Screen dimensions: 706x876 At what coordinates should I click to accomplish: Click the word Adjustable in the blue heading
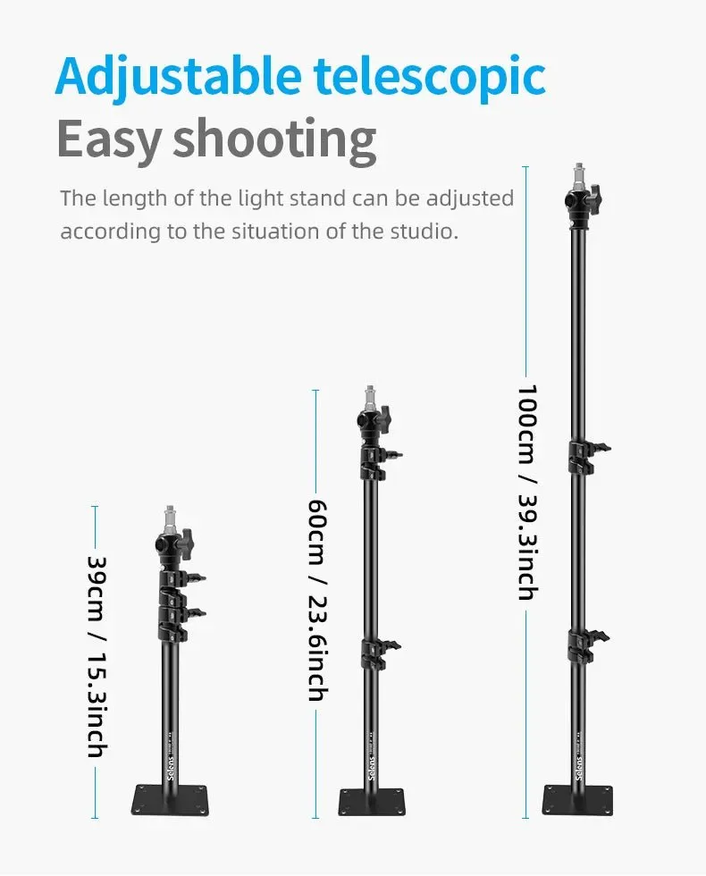point(179,77)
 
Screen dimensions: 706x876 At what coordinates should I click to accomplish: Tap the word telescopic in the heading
point(429,77)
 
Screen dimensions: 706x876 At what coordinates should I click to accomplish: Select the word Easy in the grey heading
point(109,139)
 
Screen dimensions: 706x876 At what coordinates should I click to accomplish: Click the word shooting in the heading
point(274,139)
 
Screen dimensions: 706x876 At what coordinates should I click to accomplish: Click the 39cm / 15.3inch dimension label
point(97,656)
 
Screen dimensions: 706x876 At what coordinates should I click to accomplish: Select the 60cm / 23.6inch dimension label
point(317,600)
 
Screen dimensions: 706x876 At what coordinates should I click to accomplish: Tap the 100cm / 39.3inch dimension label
point(526,492)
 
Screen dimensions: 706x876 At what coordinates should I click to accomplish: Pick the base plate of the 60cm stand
point(372,802)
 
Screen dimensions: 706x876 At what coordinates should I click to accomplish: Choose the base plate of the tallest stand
point(577,800)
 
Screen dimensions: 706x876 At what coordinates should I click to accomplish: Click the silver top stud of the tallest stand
point(580,177)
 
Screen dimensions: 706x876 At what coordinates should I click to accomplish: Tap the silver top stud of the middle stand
point(370,399)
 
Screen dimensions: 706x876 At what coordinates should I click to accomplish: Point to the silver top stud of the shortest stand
point(170,519)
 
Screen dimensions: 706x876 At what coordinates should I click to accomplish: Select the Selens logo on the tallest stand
point(579,767)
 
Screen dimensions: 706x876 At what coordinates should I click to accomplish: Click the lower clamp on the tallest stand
point(586,645)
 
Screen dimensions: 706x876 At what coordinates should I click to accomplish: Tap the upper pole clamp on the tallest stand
point(588,457)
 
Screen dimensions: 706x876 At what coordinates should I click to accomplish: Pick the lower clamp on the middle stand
point(380,653)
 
